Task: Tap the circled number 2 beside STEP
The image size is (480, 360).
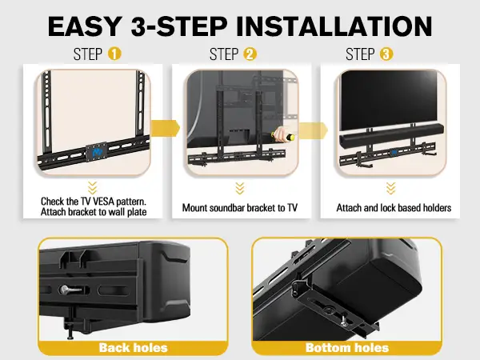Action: point(250,55)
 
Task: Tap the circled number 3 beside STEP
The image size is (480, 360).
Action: point(386,55)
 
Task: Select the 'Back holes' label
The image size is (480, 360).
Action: point(133,347)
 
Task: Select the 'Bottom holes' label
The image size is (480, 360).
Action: point(346,347)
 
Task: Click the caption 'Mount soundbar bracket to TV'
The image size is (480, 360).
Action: point(240,208)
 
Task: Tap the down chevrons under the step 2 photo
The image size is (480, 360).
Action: point(239,188)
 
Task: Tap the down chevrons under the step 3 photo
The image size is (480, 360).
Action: point(390,188)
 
